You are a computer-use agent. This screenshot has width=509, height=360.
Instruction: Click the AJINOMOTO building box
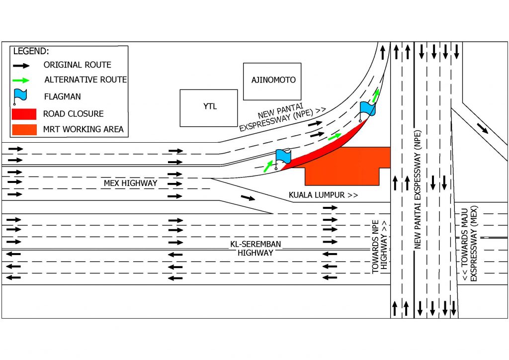click(272, 81)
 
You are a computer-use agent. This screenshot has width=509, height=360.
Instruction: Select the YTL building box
click(208, 107)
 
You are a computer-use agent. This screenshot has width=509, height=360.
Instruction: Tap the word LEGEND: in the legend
click(31, 51)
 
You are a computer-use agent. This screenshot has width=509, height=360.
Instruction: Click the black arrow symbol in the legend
click(22, 65)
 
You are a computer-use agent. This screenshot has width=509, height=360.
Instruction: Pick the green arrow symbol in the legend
click(22, 80)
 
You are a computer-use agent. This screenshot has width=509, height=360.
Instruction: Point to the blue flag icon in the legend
click(20, 95)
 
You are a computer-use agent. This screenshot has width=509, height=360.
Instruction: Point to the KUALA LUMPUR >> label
click(323, 195)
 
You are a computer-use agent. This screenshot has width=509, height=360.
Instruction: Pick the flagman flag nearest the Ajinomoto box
click(367, 108)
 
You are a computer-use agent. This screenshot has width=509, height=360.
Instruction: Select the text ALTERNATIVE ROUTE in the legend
click(85, 80)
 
